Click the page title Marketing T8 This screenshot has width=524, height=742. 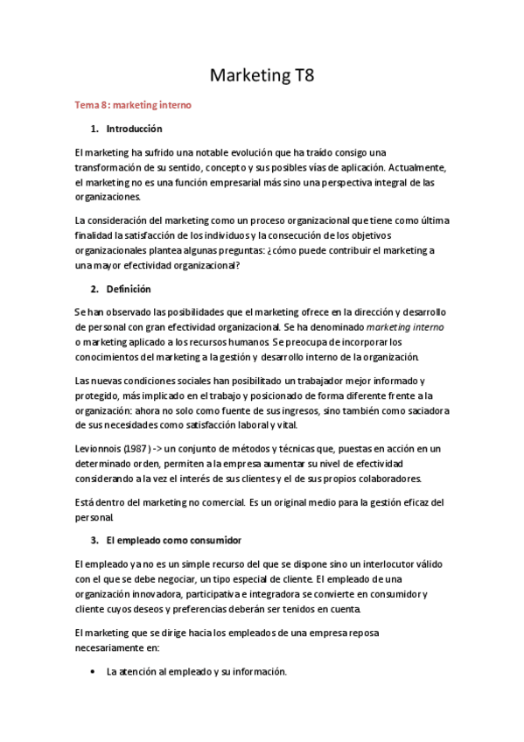[262, 75]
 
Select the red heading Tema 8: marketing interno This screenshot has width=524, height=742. [131, 106]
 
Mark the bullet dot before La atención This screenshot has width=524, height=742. [93, 672]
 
